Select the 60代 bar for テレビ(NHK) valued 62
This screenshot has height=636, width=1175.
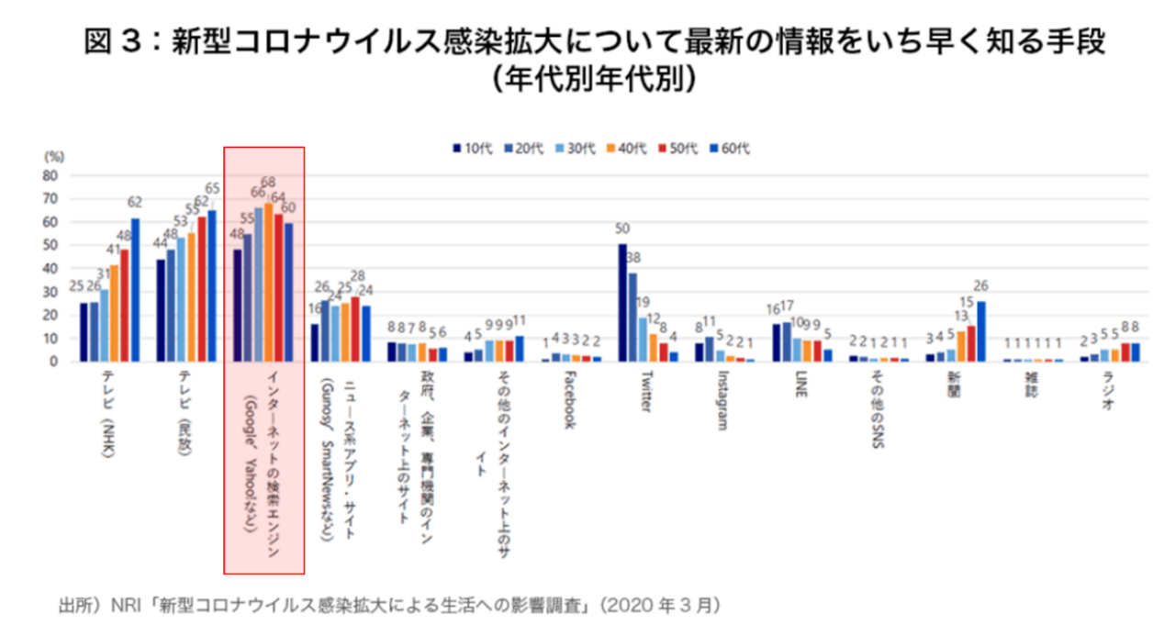135,289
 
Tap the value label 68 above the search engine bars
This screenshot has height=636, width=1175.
268,183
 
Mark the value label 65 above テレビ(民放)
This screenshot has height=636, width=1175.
213,189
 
